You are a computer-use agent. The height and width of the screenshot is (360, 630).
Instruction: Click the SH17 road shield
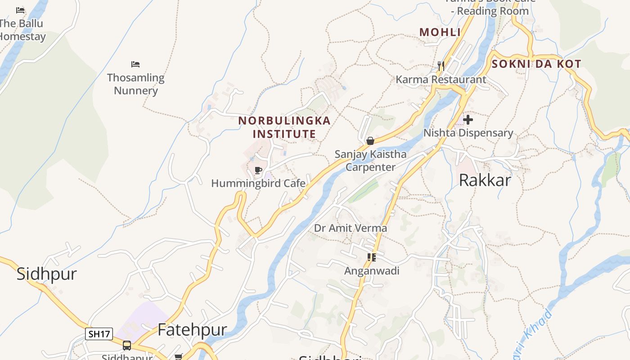pos(99,334)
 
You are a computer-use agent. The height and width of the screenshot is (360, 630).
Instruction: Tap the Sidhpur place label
pos(47,274)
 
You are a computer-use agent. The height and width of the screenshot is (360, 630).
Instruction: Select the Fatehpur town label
pos(192,329)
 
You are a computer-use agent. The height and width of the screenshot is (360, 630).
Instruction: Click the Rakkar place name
pos(485,180)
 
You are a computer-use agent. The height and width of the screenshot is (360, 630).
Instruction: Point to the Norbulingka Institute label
pos(284,127)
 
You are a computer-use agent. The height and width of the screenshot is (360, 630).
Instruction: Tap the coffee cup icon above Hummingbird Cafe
pos(258,171)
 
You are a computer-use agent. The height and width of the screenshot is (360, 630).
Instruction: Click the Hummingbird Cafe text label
pos(258,184)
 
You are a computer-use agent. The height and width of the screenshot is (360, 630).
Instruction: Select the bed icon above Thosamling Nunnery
pos(135,64)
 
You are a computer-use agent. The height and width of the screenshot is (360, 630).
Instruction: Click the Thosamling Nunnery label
pos(135,84)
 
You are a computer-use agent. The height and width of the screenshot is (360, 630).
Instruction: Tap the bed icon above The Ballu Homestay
pos(20,10)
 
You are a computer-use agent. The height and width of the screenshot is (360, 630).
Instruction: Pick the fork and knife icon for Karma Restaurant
pos(441,66)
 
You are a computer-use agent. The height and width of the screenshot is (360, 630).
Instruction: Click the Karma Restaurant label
pos(441,80)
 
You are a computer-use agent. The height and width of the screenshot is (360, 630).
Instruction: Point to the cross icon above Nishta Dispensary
pos(468,120)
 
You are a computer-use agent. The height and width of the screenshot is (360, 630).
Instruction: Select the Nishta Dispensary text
pos(468,133)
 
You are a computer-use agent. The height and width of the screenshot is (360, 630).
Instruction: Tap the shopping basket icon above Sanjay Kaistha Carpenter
pos(370,141)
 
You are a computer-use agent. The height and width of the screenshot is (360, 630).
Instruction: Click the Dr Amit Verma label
pos(350,228)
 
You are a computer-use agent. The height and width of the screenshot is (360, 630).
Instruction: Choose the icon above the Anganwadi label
pos(372,257)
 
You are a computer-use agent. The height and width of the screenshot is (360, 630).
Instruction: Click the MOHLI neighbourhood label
pos(440,32)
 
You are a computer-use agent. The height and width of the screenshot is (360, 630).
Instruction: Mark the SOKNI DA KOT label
pos(536,64)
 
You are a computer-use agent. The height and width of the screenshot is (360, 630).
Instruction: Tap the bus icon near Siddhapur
pos(127,346)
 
